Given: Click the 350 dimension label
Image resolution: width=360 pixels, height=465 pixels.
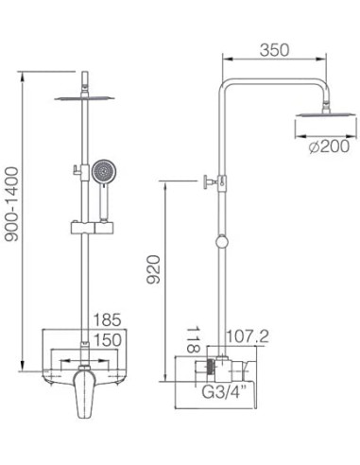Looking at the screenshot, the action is click(x=274, y=50).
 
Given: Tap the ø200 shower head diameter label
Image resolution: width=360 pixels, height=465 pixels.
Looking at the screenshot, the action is click(x=329, y=146).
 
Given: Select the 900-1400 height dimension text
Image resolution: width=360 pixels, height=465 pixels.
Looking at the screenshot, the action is click(x=12, y=204).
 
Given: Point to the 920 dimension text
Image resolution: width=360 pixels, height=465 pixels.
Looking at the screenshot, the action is click(x=154, y=269).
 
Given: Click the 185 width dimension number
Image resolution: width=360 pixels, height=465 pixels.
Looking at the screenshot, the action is click(x=107, y=319).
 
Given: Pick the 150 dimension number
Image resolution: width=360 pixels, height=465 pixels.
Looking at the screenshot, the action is click(x=108, y=340).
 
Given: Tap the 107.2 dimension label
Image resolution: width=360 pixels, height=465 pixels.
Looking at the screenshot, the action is click(x=249, y=336).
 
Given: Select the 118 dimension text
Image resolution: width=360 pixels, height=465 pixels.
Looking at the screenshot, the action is click(x=193, y=339).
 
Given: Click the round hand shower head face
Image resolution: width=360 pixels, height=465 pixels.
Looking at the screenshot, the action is click(x=104, y=172).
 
